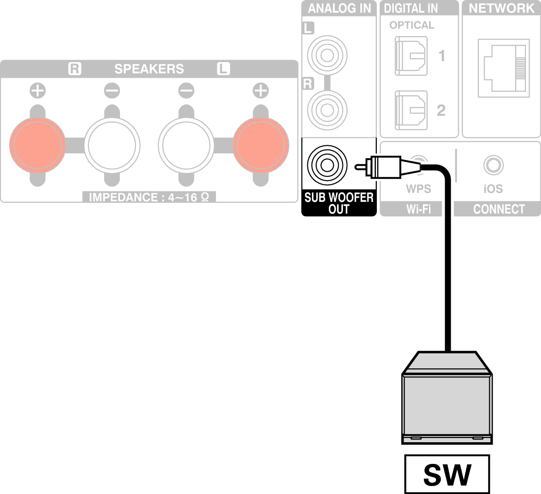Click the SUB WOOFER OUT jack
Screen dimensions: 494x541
[326, 165]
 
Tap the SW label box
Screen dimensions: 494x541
[446, 474]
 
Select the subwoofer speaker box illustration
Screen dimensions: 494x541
[446, 405]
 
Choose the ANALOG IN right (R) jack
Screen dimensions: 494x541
[326, 109]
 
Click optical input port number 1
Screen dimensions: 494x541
[411, 56]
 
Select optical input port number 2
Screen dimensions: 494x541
[411, 110]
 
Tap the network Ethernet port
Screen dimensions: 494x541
[501, 68]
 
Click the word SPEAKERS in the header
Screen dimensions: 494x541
[149, 69]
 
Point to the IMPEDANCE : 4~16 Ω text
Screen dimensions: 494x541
[149, 197]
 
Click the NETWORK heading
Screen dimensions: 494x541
[501, 8]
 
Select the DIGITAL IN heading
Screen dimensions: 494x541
[411, 8]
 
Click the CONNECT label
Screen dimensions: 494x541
[499, 209]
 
